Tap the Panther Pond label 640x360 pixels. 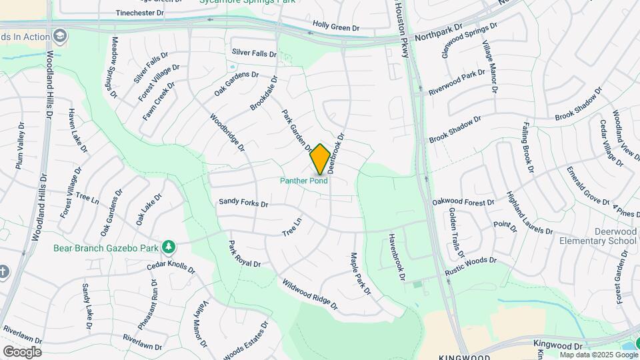tap(304, 181)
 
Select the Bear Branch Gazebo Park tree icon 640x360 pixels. tap(169, 247)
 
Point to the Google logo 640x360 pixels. tap(21, 351)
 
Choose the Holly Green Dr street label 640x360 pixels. tap(336, 28)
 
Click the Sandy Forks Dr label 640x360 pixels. tap(243, 202)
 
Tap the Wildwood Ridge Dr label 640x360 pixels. tap(310, 295)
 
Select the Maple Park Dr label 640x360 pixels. tap(360, 273)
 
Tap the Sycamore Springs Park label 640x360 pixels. tap(239, 2)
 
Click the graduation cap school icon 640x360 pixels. tap(61, 35)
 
